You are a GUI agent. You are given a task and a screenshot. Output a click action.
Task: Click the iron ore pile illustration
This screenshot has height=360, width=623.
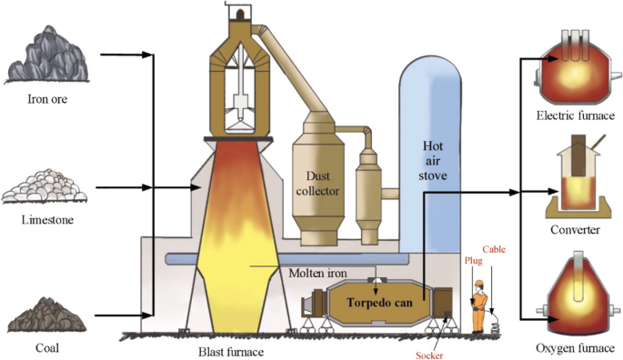(x=45, y=55)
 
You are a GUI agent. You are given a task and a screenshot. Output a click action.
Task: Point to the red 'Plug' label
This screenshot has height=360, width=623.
(x=475, y=260)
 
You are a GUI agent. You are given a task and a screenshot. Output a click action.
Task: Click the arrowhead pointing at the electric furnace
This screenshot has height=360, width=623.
(x=534, y=59)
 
